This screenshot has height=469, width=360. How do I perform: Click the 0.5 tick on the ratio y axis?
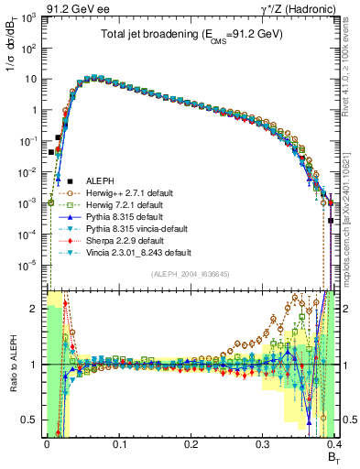pyautogui.click(x=31, y=420)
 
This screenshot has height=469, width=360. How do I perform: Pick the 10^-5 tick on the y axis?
pyautogui.click(x=29, y=265)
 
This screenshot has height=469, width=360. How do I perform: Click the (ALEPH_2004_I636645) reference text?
pyautogui.click(x=190, y=274)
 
